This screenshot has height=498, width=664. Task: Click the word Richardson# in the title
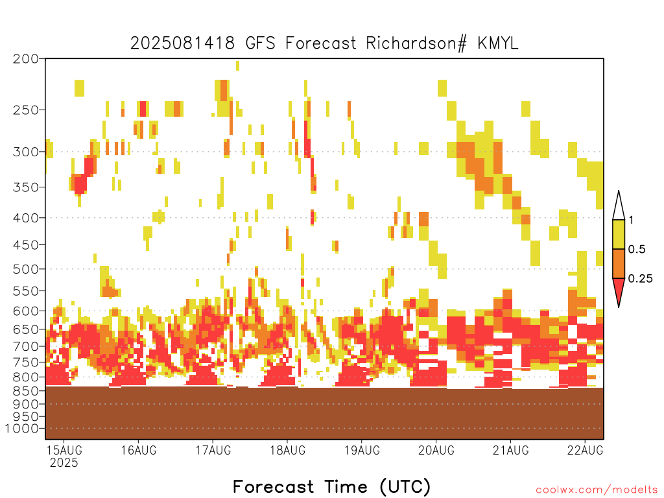[417, 43]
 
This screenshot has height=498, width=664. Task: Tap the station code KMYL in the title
[498, 43]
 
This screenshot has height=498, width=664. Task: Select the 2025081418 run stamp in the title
[182, 43]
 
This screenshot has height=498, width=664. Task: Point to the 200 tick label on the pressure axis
[25, 59]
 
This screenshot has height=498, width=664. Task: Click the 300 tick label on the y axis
[25, 152]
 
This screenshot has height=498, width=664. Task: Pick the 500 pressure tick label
[25, 269]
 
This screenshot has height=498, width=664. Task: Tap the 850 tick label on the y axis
[25, 391]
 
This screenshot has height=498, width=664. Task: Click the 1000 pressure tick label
[21, 429]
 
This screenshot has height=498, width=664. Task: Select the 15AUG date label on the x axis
[64, 450]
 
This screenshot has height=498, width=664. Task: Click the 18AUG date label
[287, 450]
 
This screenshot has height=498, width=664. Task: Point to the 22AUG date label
[586, 450]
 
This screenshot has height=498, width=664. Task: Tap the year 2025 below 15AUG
[64, 462]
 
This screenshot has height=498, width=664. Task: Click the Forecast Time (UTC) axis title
[331, 486]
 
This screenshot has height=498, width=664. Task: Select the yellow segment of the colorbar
[619, 234]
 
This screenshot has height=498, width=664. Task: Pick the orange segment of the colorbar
[619, 263]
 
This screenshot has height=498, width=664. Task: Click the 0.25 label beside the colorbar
[640, 278]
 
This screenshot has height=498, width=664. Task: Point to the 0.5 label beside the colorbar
[637, 249]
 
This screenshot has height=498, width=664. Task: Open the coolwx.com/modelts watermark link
[597, 490]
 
